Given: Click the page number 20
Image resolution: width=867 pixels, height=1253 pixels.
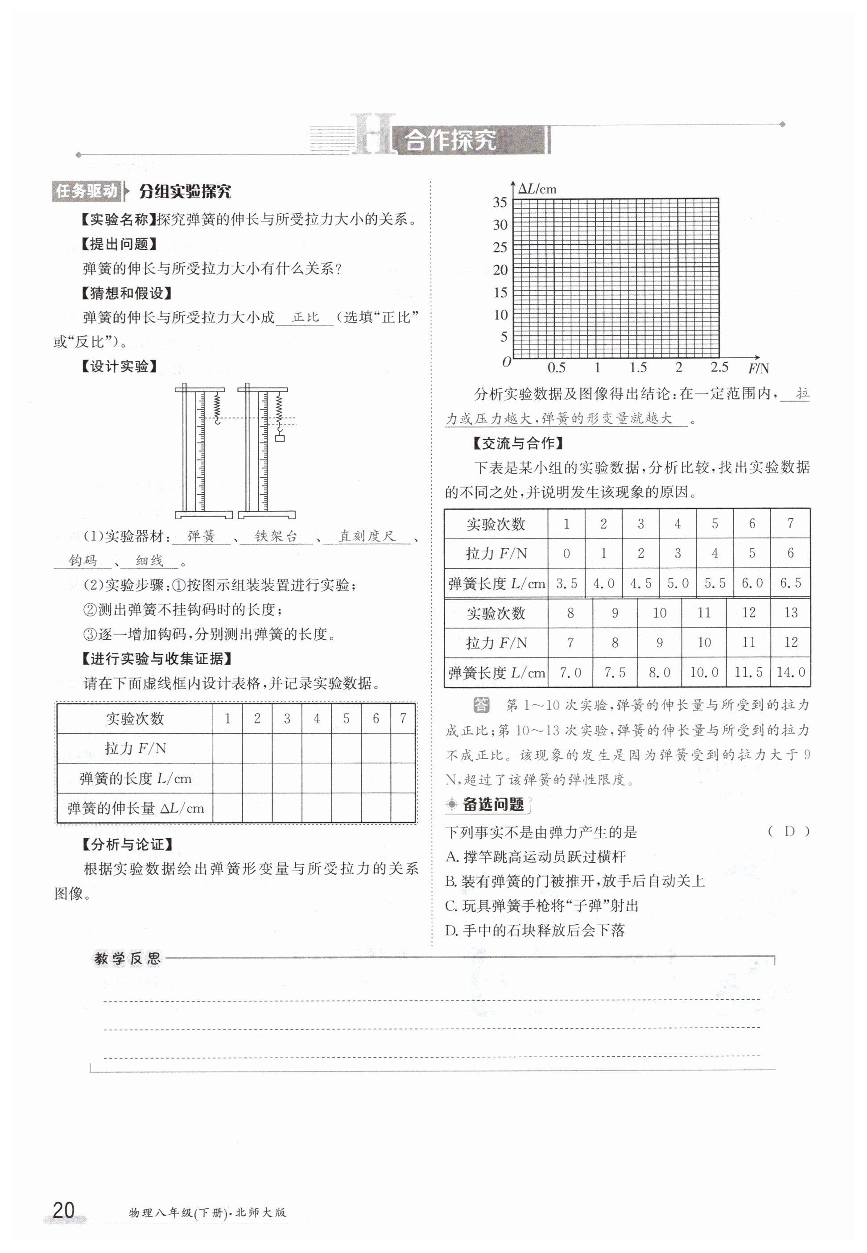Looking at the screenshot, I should click(x=64, y=1210).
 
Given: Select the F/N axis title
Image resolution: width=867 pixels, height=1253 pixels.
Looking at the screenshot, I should click(x=758, y=368).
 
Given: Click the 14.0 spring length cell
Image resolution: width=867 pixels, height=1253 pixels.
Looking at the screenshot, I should click(x=790, y=672).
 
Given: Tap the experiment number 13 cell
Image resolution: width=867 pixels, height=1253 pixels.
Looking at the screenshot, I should click(x=790, y=613).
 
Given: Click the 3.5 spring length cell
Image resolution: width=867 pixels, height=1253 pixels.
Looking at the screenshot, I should click(x=566, y=583).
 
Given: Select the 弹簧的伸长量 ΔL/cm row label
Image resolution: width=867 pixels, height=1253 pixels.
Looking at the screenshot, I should click(x=135, y=808).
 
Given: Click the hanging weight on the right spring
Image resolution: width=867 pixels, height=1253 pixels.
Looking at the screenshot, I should click(x=279, y=437).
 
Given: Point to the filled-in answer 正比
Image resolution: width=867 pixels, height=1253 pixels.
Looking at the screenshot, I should click(x=306, y=317).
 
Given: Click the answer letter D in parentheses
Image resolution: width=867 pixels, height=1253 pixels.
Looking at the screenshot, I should click(x=789, y=831).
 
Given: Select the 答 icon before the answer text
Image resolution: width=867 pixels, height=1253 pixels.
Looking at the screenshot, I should click(x=481, y=705).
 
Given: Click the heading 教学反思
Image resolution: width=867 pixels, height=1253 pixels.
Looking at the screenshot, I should click(x=127, y=959).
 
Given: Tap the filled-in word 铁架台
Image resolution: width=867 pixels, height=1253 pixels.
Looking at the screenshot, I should click(x=276, y=536).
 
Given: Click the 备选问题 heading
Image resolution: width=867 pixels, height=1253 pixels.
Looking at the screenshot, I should click(x=492, y=804).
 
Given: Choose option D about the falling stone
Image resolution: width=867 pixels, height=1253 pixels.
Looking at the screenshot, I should click(x=535, y=930).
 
